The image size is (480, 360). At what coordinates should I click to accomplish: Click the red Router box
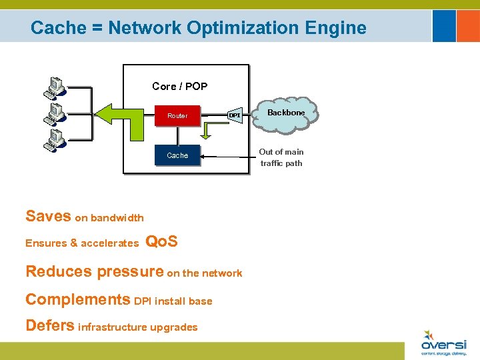pyautogui.click(x=177, y=116)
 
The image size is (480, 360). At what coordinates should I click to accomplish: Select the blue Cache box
pyautogui.click(x=177, y=155)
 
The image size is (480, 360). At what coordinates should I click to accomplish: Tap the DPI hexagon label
pyautogui.click(x=235, y=115)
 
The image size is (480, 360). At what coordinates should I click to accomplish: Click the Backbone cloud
pyautogui.click(x=286, y=114)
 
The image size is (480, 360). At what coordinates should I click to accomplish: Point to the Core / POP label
pyautogui.click(x=179, y=86)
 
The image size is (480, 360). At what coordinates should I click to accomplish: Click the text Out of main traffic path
pyautogui.click(x=281, y=157)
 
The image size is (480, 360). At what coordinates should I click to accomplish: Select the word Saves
pyautogui.click(x=48, y=216)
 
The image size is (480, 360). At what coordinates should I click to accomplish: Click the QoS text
pyautogui.click(x=161, y=241)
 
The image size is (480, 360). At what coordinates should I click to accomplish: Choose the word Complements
pyautogui.click(x=77, y=299)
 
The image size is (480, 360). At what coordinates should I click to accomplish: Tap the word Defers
pyautogui.click(x=50, y=325)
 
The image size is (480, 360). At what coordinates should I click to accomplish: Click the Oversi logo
pyautogui.click(x=443, y=343)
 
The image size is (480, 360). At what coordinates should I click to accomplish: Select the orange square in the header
pyautogui.click(x=444, y=26)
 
